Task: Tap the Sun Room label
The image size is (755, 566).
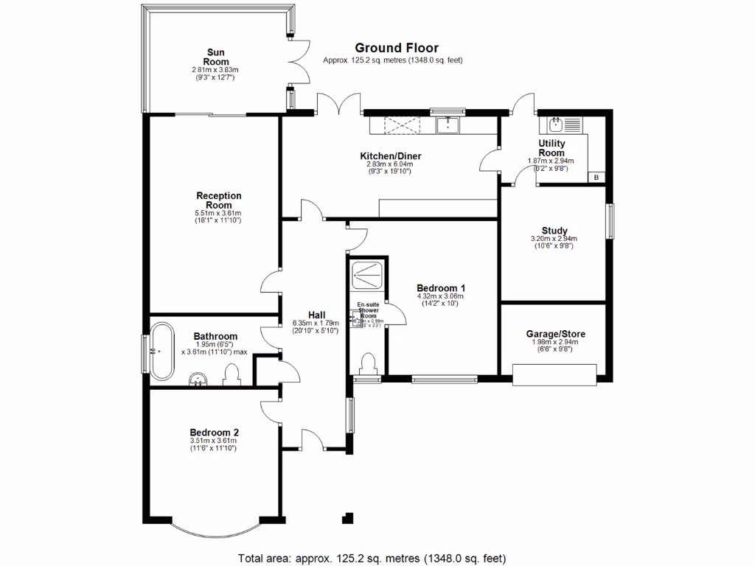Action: [x=215, y=57]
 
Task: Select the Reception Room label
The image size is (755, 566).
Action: [x=218, y=200]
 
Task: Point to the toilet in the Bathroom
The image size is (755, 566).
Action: [x=232, y=374]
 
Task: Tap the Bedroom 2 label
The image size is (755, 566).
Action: [x=214, y=433]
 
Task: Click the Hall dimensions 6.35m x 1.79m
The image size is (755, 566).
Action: [x=315, y=323]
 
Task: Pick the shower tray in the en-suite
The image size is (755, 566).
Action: [x=367, y=275]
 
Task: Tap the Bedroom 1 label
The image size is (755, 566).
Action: [x=442, y=288]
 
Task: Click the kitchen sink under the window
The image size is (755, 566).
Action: [x=448, y=126]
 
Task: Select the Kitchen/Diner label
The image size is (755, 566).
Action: [x=390, y=156]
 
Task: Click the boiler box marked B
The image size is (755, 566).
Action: [x=596, y=177]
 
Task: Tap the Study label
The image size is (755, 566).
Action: [x=554, y=230]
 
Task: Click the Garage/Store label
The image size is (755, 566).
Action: [x=555, y=334]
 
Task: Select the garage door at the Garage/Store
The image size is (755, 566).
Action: [x=554, y=377]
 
